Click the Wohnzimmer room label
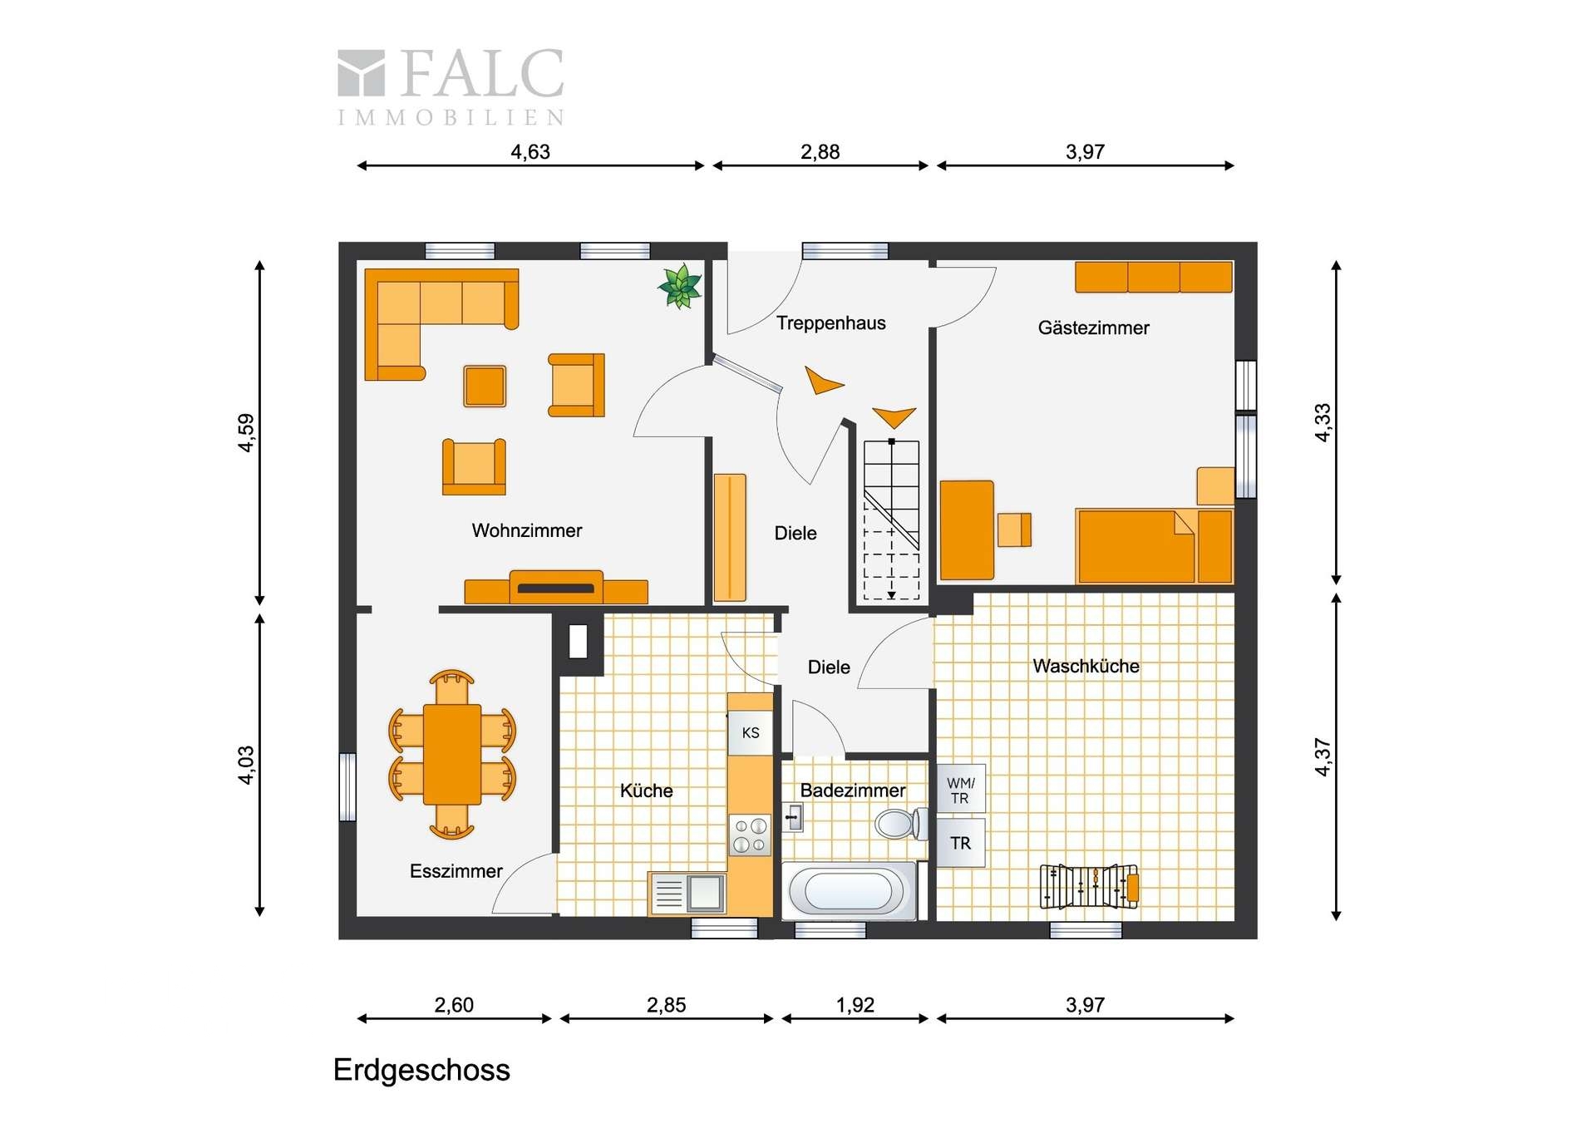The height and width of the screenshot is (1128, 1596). point(527,530)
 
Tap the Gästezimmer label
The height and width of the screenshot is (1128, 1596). point(1093,328)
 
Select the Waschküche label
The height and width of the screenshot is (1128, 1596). point(1086,666)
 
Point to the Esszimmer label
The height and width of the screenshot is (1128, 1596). point(456,871)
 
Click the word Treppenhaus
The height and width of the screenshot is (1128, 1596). point(830,323)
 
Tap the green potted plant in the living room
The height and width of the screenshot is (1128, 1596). point(681,287)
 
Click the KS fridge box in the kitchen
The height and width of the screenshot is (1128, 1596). point(751,732)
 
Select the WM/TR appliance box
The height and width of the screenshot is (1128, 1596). point(961,789)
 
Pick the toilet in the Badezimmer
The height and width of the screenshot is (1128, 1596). point(901,824)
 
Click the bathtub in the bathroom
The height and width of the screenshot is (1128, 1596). point(849,891)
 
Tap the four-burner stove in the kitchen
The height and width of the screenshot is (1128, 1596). point(750,835)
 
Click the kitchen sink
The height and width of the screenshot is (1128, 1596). point(687,893)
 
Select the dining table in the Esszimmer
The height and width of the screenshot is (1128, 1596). point(452,754)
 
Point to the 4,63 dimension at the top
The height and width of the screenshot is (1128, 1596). point(530,152)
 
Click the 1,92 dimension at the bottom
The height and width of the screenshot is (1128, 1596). point(855,1005)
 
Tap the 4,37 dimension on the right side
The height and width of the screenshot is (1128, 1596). point(1323,757)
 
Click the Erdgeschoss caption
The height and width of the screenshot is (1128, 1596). point(421,1071)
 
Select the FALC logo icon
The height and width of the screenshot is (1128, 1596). point(361,72)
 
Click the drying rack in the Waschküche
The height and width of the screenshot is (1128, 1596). point(1089,886)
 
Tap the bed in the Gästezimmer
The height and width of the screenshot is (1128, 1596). point(1154,546)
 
